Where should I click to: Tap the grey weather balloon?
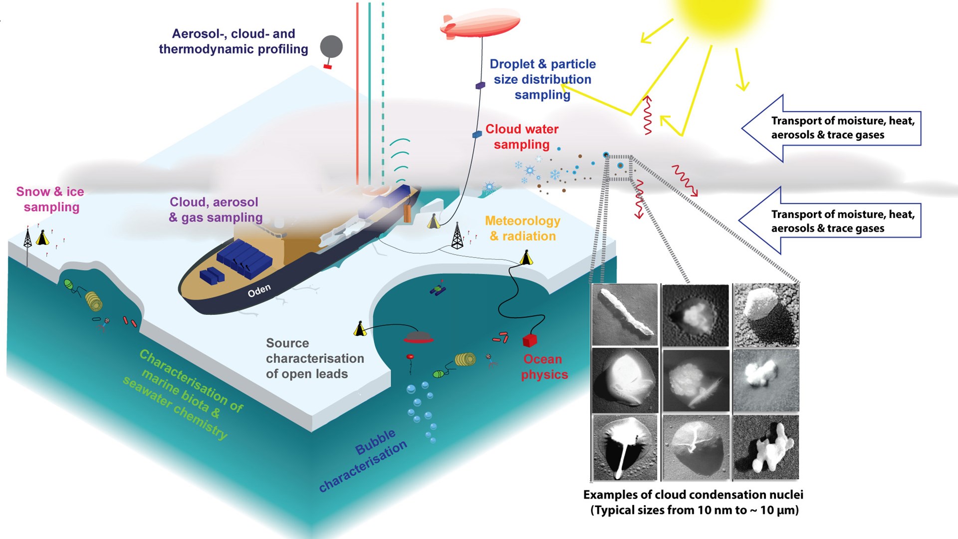pyautogui.click(x=331, y=47)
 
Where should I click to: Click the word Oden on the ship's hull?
pyautogui.click(x=259, y=290)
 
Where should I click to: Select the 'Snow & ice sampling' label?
pyautogui.click(x=50, y=199)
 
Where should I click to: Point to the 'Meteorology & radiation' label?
pyautogui.click(x=522, y=228)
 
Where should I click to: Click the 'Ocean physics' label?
pyautogui.click(x=544, y=367)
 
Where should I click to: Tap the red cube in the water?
pyautogui.click(x=529, y=340)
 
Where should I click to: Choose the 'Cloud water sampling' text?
pyautogui.click(x=522, y=137)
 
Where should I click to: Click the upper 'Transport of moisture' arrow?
pyautogui.click(x=831, y=128)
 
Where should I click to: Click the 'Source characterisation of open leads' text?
pyautogui.click(x=314, y=358)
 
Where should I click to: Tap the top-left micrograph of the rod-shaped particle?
pyautogui.click(x=624, y=315)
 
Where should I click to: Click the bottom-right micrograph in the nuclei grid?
pyautogui.click(x=765, y=448)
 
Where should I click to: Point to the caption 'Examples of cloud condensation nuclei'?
pyautogui.click(x=693, y=495)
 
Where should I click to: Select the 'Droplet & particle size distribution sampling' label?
pyautogui.click(x=542, y=79)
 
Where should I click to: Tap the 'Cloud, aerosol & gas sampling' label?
pyautogui.click(x=216, y=210)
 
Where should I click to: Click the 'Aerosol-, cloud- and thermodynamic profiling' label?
pyautogui.click(x=233, y=41)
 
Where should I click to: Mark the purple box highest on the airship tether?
pyautogui.click(x=480, y=85)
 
